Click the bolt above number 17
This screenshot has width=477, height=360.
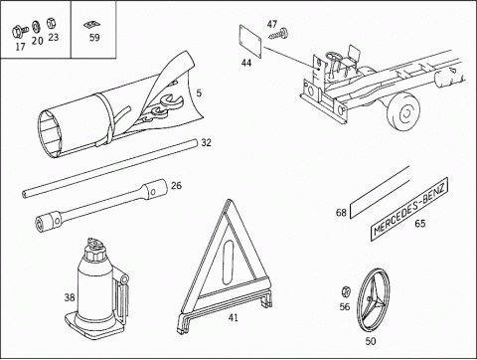point(19,32)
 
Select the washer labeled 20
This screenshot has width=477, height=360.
point(36,27)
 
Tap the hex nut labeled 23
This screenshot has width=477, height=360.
point(52,24)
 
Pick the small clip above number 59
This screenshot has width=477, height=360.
point(91,25)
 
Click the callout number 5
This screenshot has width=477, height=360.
point(199,93)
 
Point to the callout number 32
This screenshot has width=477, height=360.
point(206,143)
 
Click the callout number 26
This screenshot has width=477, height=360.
point(176,185)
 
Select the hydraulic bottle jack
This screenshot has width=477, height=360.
point(96,289)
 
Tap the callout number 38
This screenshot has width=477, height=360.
point(70,297)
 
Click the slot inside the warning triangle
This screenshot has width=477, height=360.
point(228,263)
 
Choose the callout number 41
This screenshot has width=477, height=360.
point(234,318)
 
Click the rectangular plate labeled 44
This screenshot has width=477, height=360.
point(250,42)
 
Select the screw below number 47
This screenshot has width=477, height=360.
point(278,34)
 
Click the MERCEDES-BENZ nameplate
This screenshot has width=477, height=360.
point(409,209)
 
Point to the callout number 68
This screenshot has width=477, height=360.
point(341,213)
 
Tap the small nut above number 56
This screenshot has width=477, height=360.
point(346,291)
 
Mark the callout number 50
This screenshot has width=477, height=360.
point(371,341)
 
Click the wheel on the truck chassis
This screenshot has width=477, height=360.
point(404,111)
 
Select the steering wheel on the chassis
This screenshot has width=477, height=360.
point(334,56)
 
